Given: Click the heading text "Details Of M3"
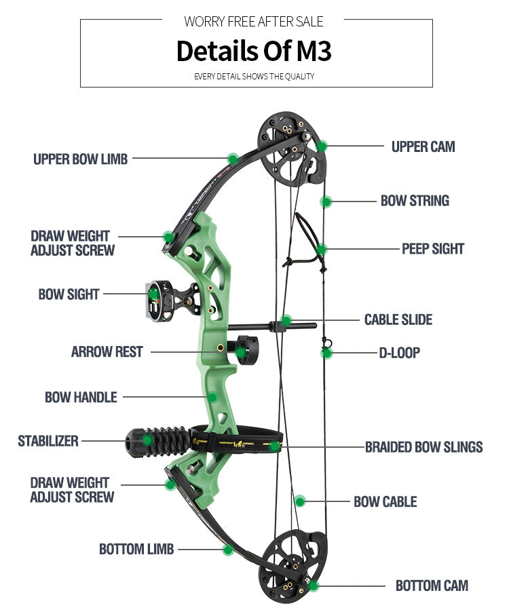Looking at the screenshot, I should [x=254, y=52].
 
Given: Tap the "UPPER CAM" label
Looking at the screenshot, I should [x=423, y=147].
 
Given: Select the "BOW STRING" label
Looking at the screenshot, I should [x=415, y=201].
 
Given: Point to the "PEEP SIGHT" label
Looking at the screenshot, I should [x=432, y=249].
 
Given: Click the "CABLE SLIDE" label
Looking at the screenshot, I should [x=398, y=320].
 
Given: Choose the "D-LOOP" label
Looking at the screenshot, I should [x=399, y=353].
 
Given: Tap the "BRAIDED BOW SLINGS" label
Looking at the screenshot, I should [x=423, y=447].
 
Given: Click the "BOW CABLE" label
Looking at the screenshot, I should [x=385, y=502].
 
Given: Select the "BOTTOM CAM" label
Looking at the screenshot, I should [x=432, y=586].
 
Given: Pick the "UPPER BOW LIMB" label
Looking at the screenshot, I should [x=80, y=159].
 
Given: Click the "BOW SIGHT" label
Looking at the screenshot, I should [x=69, y=294].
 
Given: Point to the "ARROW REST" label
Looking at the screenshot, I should [x=107, y=352].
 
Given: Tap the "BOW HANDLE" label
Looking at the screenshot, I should [x=81, y=398].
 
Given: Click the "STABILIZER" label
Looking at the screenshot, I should [x=48, y=441].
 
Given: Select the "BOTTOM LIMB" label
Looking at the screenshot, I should [x=136, y=549].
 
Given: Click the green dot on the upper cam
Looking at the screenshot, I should [x=322, y=145].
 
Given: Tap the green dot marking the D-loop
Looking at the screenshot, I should [x=326, y=353].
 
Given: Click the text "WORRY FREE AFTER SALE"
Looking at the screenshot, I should [x=254, y=22].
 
